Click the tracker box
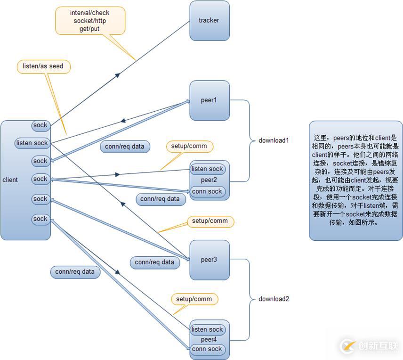coord(210,20)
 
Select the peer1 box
coord(210,100)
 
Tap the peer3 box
coord(210,260)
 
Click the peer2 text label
coord(209,180)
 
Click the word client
coord(10,180)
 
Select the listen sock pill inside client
coord(32,143)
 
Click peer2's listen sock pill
coord(208,169)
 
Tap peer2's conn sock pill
coord(207,191)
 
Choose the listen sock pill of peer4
coord(208,329)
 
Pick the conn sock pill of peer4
coord(207,349)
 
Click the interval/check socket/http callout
coord(90,20)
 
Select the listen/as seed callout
coord(43,66)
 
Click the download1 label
coord(274,140)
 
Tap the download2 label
coord(274,299)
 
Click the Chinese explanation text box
coord(356,180)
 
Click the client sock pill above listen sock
coord(40,125)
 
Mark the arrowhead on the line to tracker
coord(118,74)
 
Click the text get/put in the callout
coord(89,29)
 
